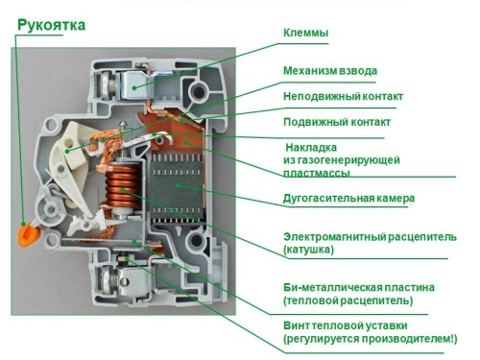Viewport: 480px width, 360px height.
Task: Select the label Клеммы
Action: point(305,34)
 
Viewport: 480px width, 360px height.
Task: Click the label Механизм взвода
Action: point(329,71)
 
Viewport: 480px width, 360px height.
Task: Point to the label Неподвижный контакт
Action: point(343,96)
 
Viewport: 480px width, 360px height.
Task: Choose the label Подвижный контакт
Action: point(335,122)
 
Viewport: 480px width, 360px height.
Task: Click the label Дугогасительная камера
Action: point(348,199)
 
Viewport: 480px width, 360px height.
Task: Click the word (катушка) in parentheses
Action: point(308,250)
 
